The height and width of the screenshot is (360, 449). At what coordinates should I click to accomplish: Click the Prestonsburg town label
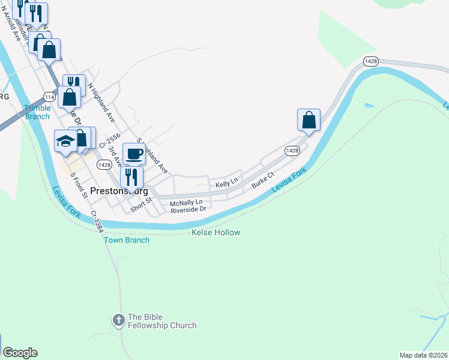tap(119, 191)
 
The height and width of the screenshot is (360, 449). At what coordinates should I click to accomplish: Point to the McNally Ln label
tap(187, 203)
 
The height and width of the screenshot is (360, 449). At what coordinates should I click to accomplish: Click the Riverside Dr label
tap(188, 210)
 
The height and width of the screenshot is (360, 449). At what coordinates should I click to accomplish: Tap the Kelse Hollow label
tap(215, 232)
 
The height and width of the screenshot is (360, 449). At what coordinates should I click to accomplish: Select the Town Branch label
tap(127, 240)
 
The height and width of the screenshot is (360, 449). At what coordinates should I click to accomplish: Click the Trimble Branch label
tap(37, 112)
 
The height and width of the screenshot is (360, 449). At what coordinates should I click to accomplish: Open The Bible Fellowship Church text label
tap(162, 321)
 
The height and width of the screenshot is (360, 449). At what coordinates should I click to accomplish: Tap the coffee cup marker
tap(134, 154)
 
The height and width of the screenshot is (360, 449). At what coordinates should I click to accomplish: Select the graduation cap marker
tap(65, 142)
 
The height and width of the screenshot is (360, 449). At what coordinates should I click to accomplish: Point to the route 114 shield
tap(50, 97)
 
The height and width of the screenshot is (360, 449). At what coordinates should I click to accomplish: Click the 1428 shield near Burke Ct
tap(292, 151)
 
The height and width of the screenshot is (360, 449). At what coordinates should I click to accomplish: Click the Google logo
tap(20, 353)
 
